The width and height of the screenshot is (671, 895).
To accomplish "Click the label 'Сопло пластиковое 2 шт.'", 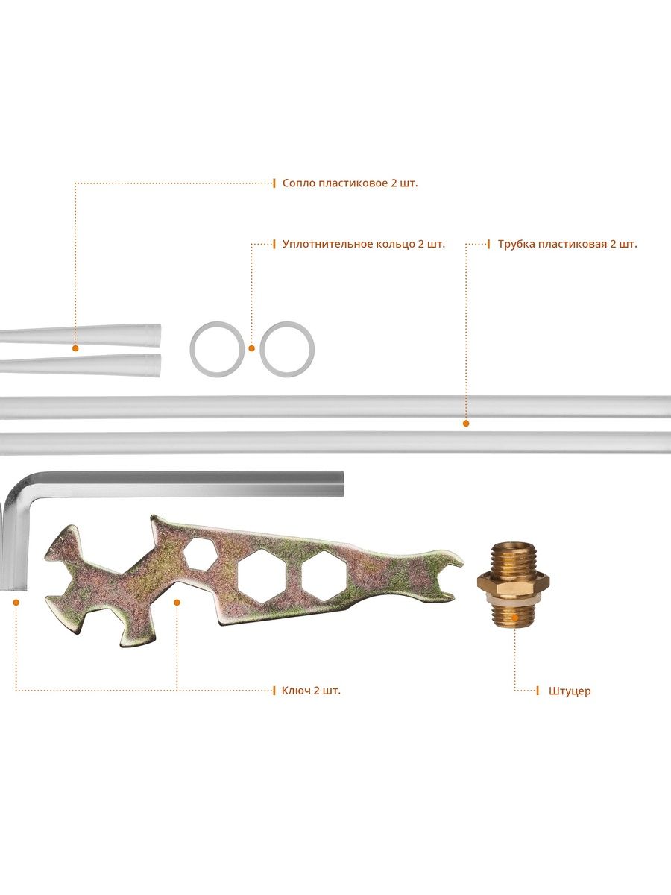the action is pos(350,183).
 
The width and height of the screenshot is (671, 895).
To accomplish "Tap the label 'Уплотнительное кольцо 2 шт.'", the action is pos(363,244).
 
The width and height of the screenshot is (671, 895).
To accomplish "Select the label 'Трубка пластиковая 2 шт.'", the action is pos(567,244).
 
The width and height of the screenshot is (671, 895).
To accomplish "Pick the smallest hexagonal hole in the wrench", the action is pos(200,553).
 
